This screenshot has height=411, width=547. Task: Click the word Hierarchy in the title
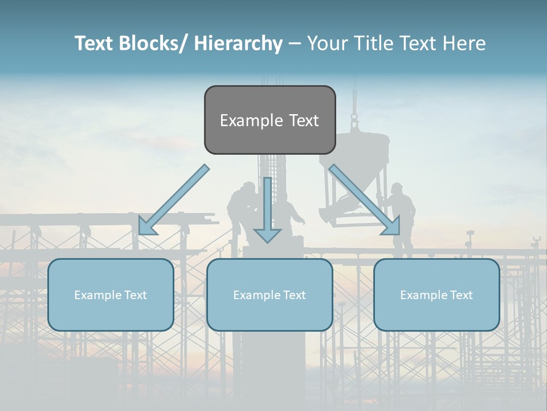[x=238, y=44]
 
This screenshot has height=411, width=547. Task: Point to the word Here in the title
[x=464, y=44]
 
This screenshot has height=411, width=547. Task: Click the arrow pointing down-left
[x=173, y=201]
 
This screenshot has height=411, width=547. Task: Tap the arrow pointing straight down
[x=267, y=208]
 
